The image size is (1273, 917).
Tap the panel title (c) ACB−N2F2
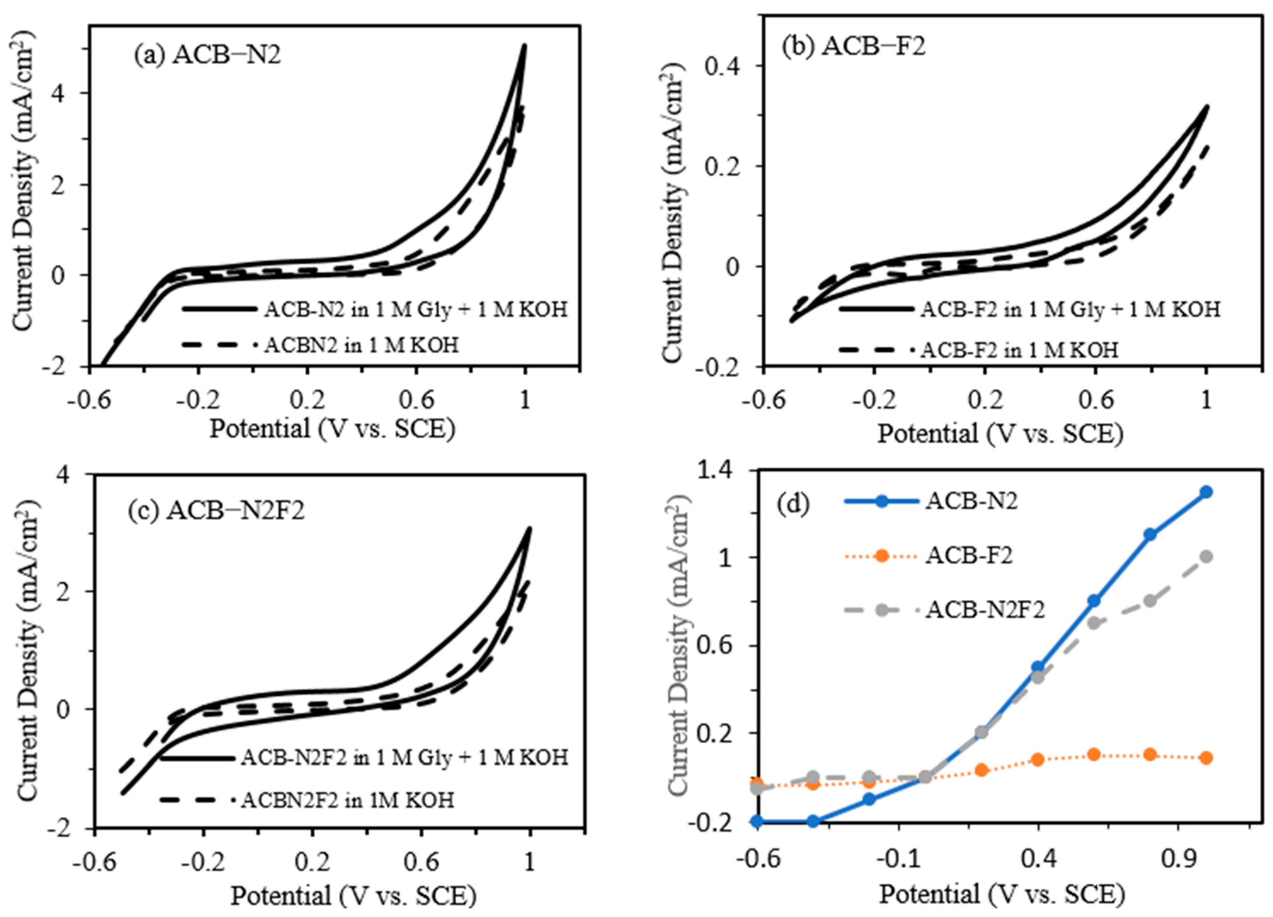216,511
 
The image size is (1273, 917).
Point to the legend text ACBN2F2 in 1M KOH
348,800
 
